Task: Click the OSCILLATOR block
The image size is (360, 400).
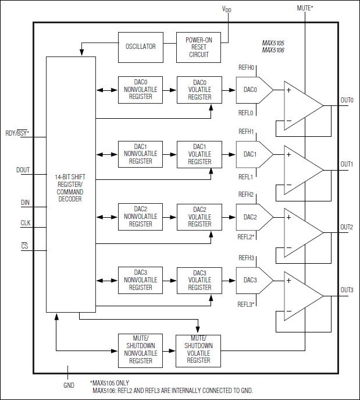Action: click(x=140, y=47)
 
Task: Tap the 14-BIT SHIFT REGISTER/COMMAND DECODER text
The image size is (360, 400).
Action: click(x=70, y=187)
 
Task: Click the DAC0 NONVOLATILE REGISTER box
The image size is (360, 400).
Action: click(x=140, y=90)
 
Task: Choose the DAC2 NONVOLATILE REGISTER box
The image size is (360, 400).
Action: click(x=140, y=217)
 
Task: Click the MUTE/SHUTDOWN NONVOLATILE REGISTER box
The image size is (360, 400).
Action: click(x=140, y=349)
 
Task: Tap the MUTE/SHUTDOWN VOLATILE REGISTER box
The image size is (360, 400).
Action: click(x=198, y=349)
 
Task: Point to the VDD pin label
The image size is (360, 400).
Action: click(x=227, y=9)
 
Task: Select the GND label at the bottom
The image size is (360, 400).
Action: click(x=69, y=385)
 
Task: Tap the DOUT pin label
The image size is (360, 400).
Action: click(x=23, y=171)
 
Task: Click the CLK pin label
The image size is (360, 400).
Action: click(x=26, y=223)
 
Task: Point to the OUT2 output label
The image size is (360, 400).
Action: click(x=347, y=227)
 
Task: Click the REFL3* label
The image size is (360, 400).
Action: click(x=247, y=304)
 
